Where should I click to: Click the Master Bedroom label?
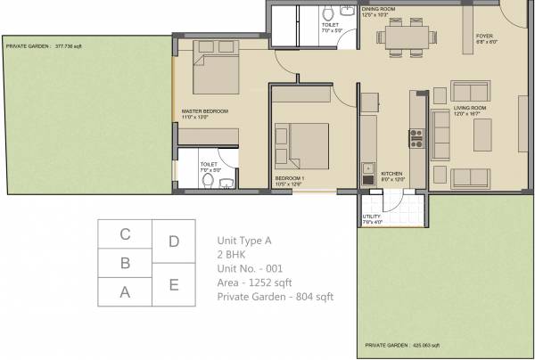pyautogui.click(x=204, y=110)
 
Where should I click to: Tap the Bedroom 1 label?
pyautogui.click(x=291, y=179)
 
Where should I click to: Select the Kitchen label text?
pyautogui.click(x=393, y=173)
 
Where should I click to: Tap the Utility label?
pyautogui.click(x=372, y=217)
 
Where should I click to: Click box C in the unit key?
pyautogui.click(x=126, y=235)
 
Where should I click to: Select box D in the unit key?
pyautogui.click(x=174, y=241)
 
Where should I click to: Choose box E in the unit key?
pyautogui.click(x=174, y=284)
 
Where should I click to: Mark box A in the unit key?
pyautogui.click(x=126, y=290)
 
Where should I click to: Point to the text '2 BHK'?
pyautogui.click(x=233, y=254)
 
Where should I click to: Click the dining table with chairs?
pyautogui.click(x=407, y=38)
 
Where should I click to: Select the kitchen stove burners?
pyautogui.click(x=416, y=137)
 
